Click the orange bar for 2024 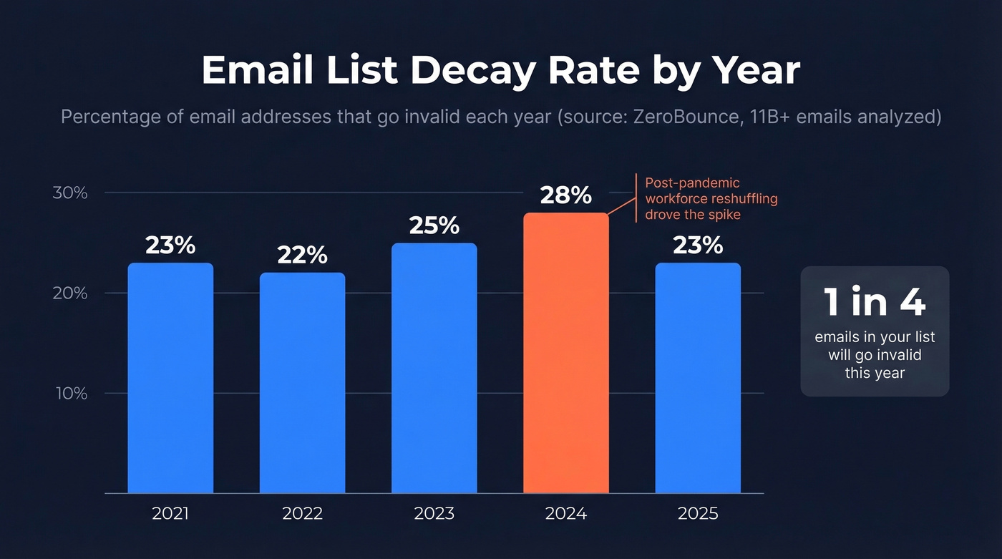[x=565, y=353]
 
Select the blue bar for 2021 [x=170, y=378]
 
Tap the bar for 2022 [x=302, y=383]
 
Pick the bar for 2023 [x=434, y=368]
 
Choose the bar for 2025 [x=698, y=378]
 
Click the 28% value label [x=565, y=195]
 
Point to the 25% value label [x=434, y=225]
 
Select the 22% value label [x=302, y=255]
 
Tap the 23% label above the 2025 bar [x=698, y=246]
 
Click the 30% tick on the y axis [x=70, y=193]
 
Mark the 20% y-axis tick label [x=70, y=293]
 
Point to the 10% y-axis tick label [x=70, y=394]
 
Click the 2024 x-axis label [x=565, y=514]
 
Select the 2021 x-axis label [x=170, y=514]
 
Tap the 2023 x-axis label [x=434, y=514]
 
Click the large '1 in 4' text [x=875, y=302]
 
